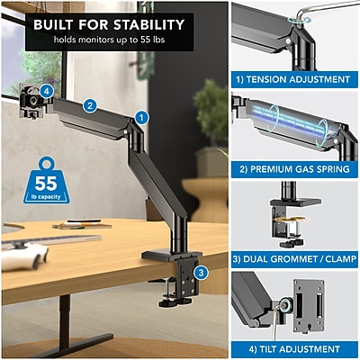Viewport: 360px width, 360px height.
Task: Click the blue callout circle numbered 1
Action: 141,118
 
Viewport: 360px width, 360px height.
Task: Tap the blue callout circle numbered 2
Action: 90,105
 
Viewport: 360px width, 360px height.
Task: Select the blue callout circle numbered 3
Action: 201,273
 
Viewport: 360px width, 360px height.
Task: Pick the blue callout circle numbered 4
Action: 47,91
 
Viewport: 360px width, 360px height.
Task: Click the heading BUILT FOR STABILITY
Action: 109,24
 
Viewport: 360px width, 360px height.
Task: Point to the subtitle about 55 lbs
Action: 109,40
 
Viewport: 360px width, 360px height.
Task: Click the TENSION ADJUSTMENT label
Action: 293,79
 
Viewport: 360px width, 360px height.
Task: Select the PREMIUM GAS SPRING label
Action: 294,169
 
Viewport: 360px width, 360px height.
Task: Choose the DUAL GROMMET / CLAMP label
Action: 294,259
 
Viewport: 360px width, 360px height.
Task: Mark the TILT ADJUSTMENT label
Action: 294,349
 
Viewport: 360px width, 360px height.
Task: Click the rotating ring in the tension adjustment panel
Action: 299,21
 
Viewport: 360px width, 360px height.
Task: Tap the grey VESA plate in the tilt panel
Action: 309,304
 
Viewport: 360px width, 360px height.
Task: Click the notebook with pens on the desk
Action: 82,225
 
